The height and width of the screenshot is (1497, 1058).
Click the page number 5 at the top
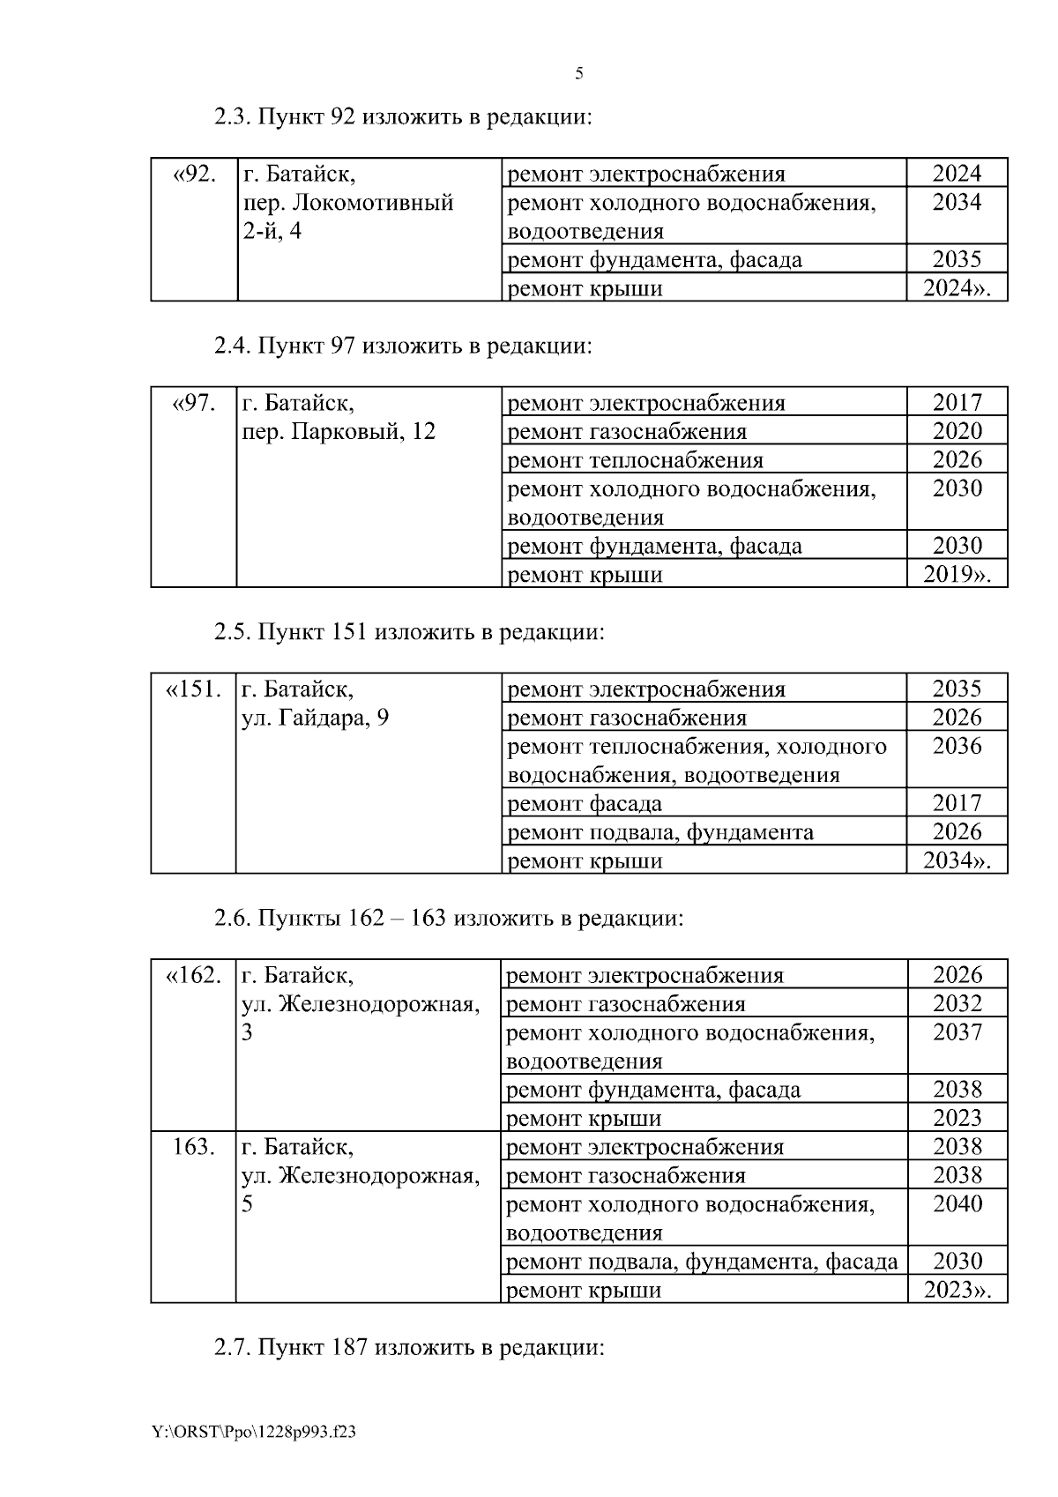pyautogui.click(x=578, y=74)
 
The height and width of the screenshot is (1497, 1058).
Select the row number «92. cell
pyautogui.click(x=194, y=174)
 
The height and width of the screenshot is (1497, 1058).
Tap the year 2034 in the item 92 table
pyautogui.click(x=957, y=203)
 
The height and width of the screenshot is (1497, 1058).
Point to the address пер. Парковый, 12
pyautogui.click(x=339, y=432)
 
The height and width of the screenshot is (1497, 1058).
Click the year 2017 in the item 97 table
pyautogui.click(x=957, y=403)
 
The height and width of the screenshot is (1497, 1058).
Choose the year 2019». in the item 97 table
pyautogui.click(x=957, y=575)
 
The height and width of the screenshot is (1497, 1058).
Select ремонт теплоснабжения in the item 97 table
pyautogui.click(x=636, y=460)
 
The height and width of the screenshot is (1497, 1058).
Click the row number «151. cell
pyautogui.click(x=193, y=689)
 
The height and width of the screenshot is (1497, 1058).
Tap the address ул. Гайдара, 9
pyautogui.click(x=315, y=718)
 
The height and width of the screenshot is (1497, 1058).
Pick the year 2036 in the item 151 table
pyautogui.click(x=957, y=747)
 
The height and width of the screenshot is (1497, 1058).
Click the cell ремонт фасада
pyautogui.click(x=585, y=803)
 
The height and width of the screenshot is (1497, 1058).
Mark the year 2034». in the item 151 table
pyautogui.click(x=957, y=860)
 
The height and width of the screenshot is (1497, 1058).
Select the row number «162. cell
pyautogui.click(x=193, y=975)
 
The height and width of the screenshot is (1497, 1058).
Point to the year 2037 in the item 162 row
pyautogui.click(x=957, y=1032)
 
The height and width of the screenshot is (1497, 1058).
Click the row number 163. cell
pyautogui.click(x=193, y=1147)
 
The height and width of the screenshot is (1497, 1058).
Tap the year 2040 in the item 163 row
pyautogui.click(x=957, y=1204)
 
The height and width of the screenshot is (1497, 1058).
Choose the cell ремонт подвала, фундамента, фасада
pyautogui.click(x=703, y=1262)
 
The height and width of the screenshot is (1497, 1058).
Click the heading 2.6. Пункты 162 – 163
pyautogui.click(x=449, y=918)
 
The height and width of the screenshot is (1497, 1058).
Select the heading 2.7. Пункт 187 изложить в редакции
pyautogui.click(x=409, y=1347)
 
